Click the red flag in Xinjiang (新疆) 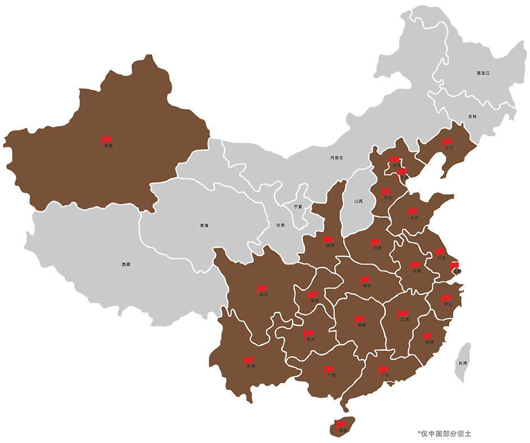[x=106, y=139]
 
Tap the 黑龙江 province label [x=483, y=73]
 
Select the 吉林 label [x=472, y=117]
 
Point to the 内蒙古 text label [x=337, y=158]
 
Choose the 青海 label [x=204, y=225]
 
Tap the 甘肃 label [x=280, y=225]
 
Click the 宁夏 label [x=298, y=206]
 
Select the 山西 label [x=358, y=201]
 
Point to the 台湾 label [x=463, y=363]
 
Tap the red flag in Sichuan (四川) [x=261, y=289]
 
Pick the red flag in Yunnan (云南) [x=248, y=360]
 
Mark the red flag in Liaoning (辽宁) [x=447, y=142]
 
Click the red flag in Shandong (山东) [x=412, y=212]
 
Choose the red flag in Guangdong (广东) [x=383, y=370]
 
